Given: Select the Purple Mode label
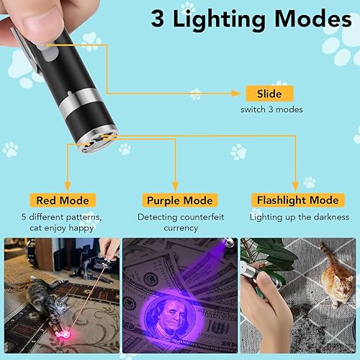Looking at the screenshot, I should (x=179, y=200).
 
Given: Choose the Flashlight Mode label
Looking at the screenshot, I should (x=294, y=200).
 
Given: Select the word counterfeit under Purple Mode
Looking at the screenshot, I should (x=199, y=216).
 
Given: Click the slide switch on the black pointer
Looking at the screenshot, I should (x=50, y=49).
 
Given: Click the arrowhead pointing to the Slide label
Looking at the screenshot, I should (x=235, y=93).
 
